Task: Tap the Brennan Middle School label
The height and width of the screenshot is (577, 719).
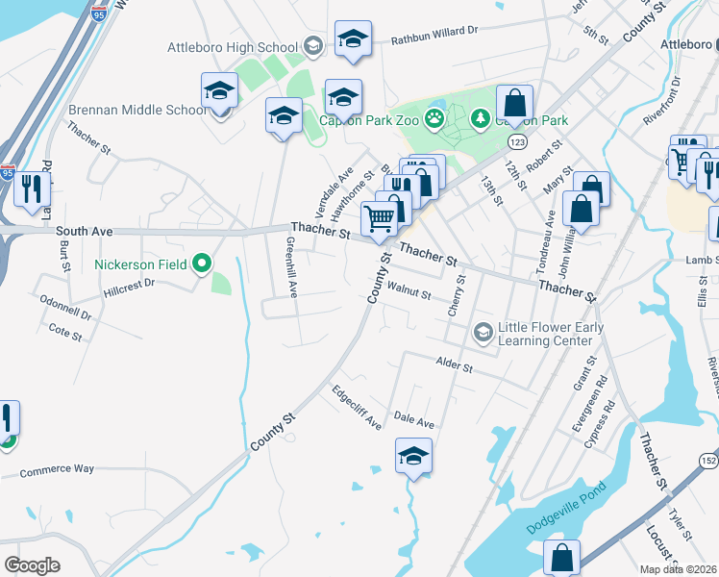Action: (137, 110)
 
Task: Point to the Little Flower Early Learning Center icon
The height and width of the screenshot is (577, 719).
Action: (483, 333)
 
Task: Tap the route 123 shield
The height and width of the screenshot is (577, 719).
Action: (517, 142)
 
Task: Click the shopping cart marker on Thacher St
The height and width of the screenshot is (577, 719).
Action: (380, 219)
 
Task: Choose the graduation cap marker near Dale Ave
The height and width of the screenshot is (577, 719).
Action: (413, 456)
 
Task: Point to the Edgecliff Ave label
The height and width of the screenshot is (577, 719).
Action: (357, 409)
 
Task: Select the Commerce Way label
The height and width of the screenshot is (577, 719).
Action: (58, 469)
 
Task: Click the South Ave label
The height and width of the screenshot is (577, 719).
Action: (85, 231)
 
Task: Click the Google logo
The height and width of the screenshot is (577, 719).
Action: (33, 565)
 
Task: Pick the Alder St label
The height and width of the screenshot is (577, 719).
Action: (455, 365)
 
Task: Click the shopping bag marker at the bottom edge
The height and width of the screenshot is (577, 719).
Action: (562, 558)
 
